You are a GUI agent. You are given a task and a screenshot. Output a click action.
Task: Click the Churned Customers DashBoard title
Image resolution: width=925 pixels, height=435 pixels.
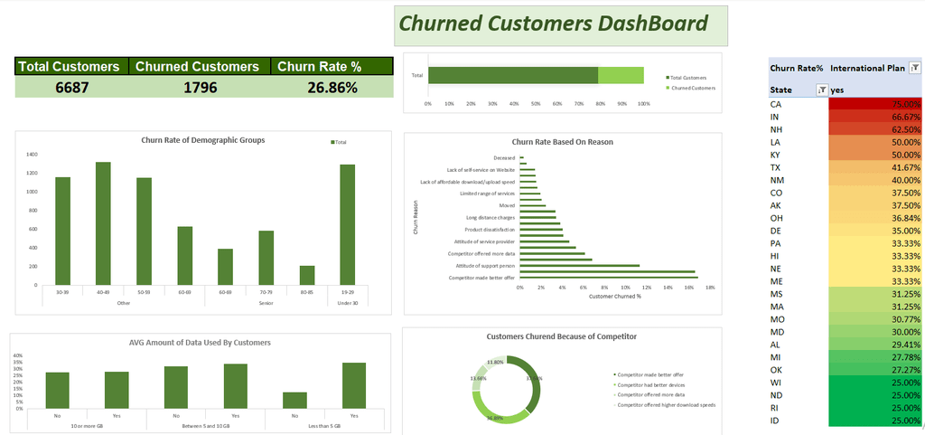(553, 24)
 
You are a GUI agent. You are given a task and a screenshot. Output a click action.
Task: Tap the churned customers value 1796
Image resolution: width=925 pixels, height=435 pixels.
(199, 88)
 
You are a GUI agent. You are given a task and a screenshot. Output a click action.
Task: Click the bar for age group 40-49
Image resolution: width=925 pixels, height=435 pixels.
(103, 223)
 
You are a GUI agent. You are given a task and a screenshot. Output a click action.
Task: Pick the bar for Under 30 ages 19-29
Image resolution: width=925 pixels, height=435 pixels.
(348, 224)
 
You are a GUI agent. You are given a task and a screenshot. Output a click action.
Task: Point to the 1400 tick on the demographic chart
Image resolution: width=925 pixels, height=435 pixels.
(32, 154)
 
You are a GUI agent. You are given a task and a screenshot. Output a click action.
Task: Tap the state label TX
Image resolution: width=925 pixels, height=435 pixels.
(776, 167)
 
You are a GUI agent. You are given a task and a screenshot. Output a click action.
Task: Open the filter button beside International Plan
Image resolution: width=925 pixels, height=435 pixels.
(915, 68)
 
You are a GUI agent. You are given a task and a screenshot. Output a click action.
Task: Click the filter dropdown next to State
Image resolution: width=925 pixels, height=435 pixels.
(821, 90)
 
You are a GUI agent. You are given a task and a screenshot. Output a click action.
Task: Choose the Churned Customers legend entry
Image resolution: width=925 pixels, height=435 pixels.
(692, 88)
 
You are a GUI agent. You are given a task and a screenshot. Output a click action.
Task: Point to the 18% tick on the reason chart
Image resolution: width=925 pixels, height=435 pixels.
(710, 287)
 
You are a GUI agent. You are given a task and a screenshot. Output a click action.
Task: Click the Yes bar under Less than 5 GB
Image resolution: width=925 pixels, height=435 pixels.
(354, 386)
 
